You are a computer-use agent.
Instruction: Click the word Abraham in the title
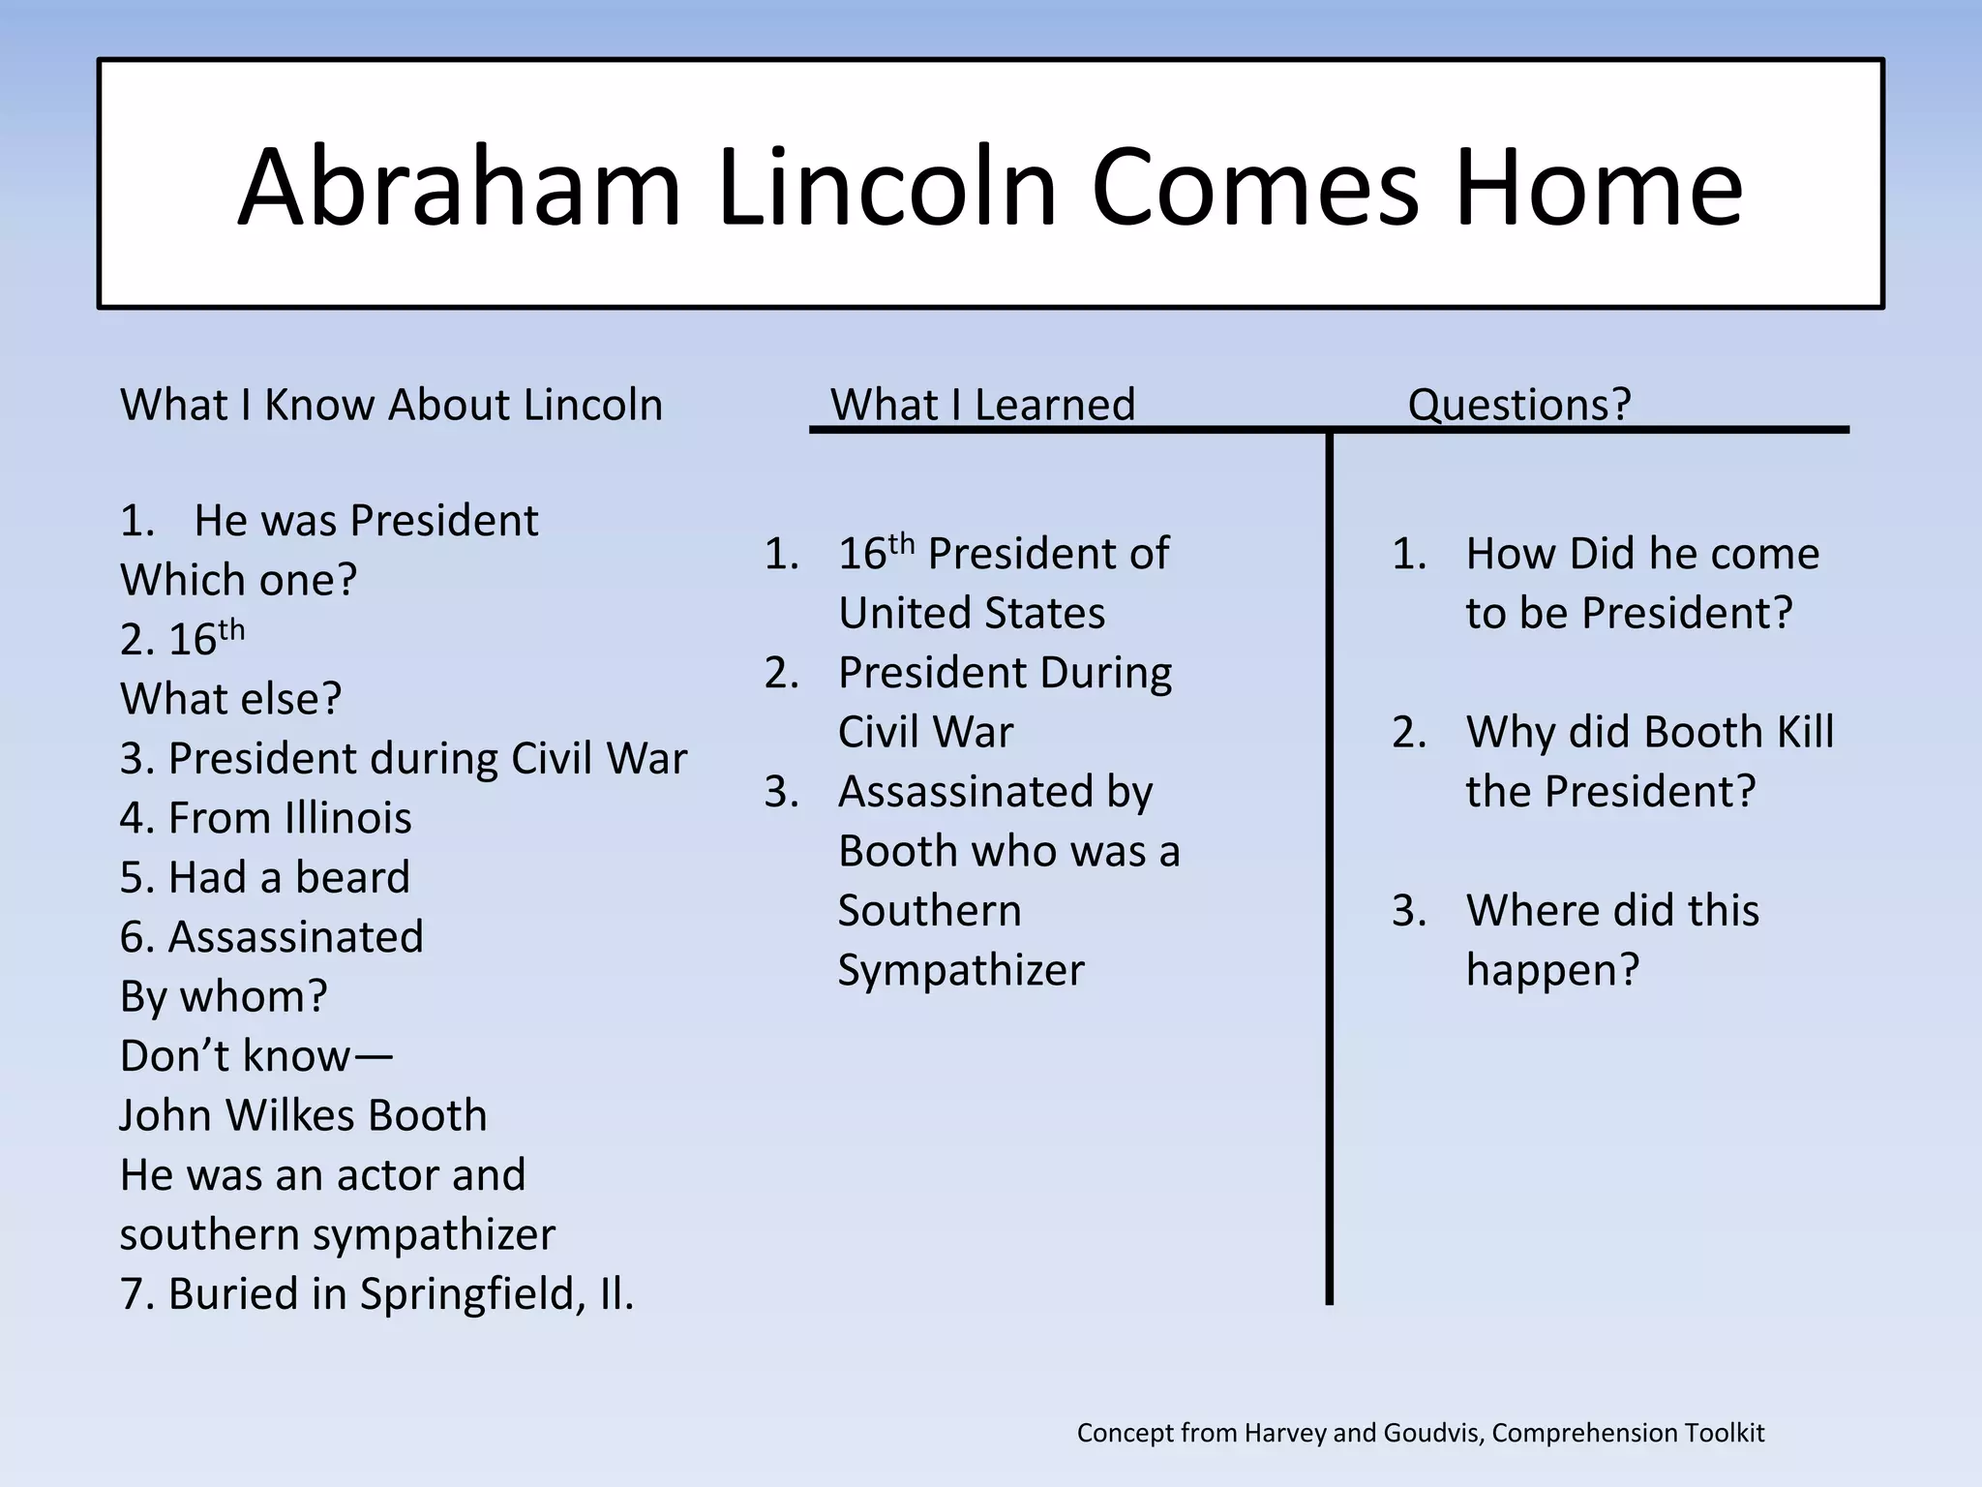pos(459,187)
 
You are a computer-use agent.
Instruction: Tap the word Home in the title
pos(1598,187)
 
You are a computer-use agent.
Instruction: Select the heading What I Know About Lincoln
pos(391,405)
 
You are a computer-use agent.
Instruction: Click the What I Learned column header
pos(982,405)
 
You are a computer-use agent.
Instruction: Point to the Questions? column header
pos(1518,405)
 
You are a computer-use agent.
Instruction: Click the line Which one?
pos(238,581)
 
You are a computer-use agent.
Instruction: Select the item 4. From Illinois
pos(265,818)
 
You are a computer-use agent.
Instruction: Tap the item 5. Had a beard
pos(264,878)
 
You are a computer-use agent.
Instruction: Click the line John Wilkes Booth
pos(303,1115)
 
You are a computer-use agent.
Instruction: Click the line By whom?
pos(224,997)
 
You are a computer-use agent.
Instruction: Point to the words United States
pos(971,614)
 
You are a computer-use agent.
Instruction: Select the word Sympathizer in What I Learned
pos(960,970)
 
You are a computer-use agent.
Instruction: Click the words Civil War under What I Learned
pos(925,733)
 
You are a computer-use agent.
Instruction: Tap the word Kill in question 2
pos(1805,733)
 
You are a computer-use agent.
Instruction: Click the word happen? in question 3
pos(1551,970)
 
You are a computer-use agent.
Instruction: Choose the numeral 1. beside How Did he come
pos(1409,555)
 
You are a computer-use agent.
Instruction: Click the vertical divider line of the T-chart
pos(1329,871)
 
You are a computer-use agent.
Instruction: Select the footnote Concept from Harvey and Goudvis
pos(1420,1433)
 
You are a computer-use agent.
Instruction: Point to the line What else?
pos(230,699)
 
